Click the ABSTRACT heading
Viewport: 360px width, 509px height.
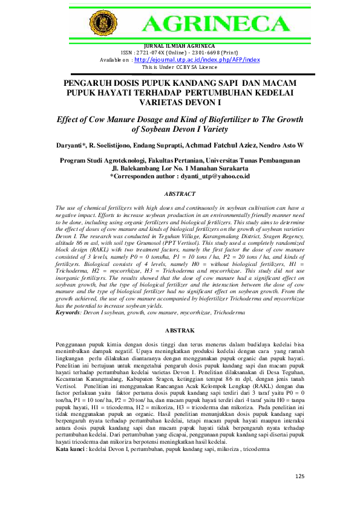tap(180, 194)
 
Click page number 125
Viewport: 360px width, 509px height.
tap(301, 475)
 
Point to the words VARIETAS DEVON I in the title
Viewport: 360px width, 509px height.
tap(180, 102)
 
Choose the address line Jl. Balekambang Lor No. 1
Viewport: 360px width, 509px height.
tap(180, 169)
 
